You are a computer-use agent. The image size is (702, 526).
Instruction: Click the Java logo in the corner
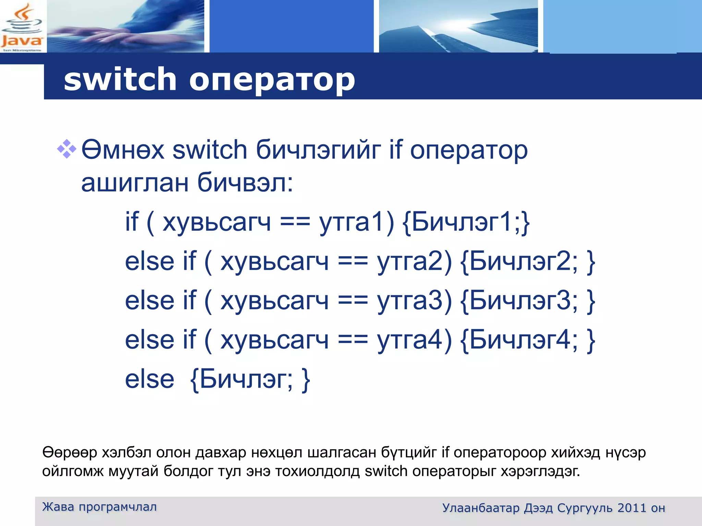pos(22,27)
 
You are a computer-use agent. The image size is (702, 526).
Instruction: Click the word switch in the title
pos(120,79)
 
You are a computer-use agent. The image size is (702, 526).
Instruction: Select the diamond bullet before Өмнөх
pos(66,149)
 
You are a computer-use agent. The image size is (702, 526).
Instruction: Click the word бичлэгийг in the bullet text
pos(318,151)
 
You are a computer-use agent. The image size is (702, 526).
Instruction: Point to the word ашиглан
pos(135,183)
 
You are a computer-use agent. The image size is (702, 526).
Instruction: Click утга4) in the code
pos(414,340)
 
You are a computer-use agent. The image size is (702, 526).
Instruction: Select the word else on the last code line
pos(149,379)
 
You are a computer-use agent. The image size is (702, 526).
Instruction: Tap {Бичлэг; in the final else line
pos(241,379)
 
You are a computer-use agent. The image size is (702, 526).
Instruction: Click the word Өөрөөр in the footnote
pos(70,453)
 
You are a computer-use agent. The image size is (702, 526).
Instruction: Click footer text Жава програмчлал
pos(99,507)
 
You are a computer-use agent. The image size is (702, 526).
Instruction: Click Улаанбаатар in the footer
pos(481,508)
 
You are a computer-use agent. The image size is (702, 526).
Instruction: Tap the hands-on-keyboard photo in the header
pos(125,26)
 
